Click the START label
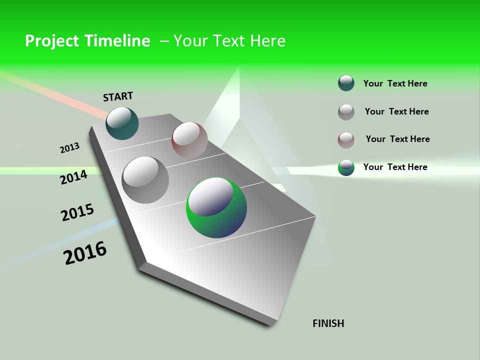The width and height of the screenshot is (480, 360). [118, 96]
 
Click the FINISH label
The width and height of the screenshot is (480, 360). [328, 323]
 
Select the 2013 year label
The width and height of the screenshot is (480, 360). [69, 148]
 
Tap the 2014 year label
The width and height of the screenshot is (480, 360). [73, 177]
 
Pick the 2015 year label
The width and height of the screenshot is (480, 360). [77, 212]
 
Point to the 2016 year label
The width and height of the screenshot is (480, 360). [85, 253]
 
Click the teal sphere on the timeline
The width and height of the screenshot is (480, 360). [122, 123]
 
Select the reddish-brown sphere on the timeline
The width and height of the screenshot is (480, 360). [189, 139]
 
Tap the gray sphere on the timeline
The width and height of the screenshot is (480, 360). [145, 179]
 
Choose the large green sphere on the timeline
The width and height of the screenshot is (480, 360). [216, 207]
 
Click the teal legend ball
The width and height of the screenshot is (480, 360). [346, 83]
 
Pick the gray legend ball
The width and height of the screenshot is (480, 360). [346, 112]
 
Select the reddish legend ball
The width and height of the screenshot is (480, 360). [346, 140]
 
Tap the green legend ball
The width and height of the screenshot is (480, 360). [346, 167]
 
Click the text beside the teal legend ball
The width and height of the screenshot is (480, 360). [395, 83]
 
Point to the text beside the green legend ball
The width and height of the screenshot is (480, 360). [395, 167]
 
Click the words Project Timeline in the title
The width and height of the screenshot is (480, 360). [87, 41]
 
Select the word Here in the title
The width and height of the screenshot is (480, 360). [267, 41]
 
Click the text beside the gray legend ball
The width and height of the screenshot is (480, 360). [396, 111]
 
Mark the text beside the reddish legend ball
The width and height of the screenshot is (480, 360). [397, 139]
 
